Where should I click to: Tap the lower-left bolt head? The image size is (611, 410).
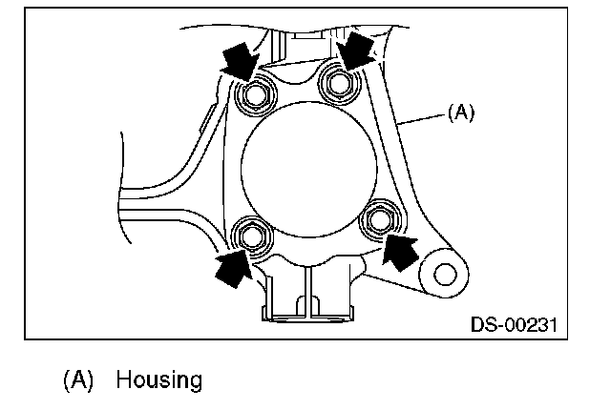[x=252, y=235]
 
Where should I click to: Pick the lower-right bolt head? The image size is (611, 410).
[x=381, y=219]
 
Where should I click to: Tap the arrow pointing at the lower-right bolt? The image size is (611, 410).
[x=401, y=252]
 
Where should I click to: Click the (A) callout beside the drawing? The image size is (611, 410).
[x=459, y=112]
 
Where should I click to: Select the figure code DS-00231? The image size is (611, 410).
[x=514, y=324]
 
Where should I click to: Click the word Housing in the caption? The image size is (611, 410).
[x=159, y=380]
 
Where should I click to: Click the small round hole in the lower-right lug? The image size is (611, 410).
[x=443, y=274]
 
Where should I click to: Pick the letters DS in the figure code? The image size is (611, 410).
[x=482, y=324]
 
